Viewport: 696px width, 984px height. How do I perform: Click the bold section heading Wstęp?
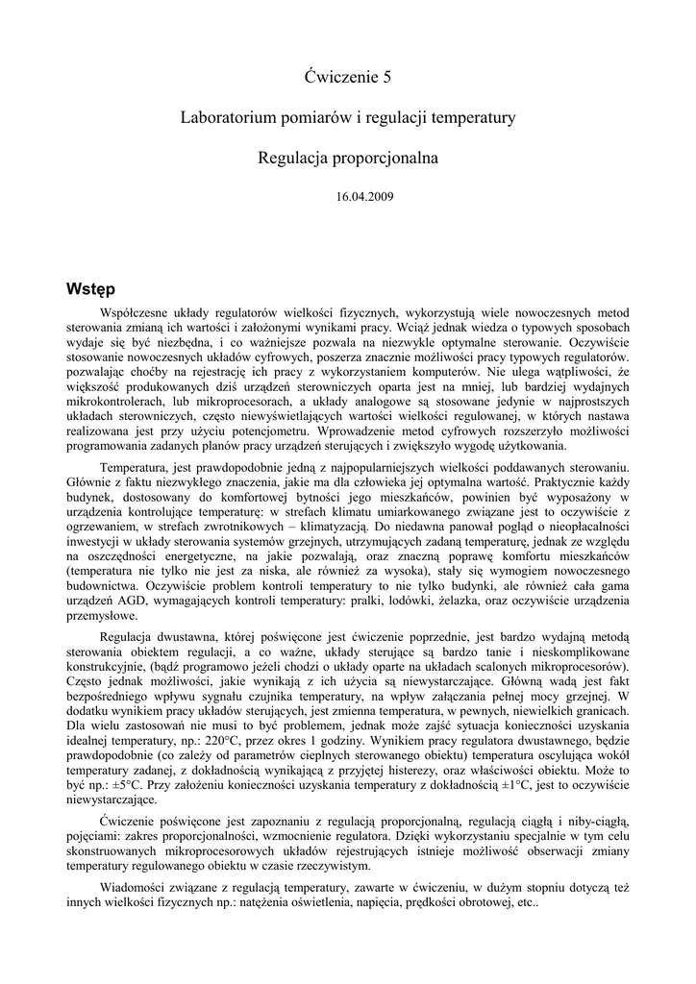coord(91,289)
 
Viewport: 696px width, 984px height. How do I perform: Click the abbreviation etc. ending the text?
coord(527,904)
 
